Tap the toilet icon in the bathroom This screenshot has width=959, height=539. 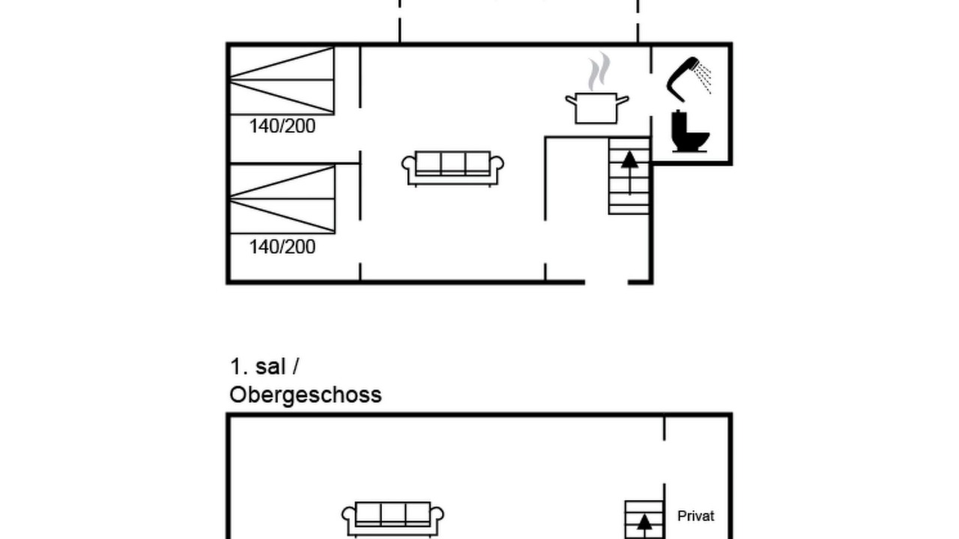(690, 131)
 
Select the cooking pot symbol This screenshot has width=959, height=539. (597, 109)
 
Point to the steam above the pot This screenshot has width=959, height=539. (599, 71)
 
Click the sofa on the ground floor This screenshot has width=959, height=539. (453, 168)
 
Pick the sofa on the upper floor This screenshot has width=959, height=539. (393, 520)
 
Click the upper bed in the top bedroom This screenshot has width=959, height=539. (282, 81)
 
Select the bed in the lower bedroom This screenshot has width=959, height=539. (282, 199)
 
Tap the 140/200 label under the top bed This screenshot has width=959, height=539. (282, 127)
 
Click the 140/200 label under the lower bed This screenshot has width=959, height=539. (282, 247)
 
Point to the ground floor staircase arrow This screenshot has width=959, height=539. (629, 173)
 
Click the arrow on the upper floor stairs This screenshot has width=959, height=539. (644, 526)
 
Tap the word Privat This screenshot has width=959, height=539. (696, 516)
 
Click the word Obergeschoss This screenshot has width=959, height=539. (305, 395)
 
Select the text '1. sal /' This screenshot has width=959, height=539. (264, 367)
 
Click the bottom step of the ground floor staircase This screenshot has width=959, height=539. (629, 210)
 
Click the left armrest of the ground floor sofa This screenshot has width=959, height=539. (408, 165)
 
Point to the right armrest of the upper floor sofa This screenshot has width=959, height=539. (437, 516)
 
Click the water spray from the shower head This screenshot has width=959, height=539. (703, 77)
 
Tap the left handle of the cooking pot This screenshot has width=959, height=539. (571, 100)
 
